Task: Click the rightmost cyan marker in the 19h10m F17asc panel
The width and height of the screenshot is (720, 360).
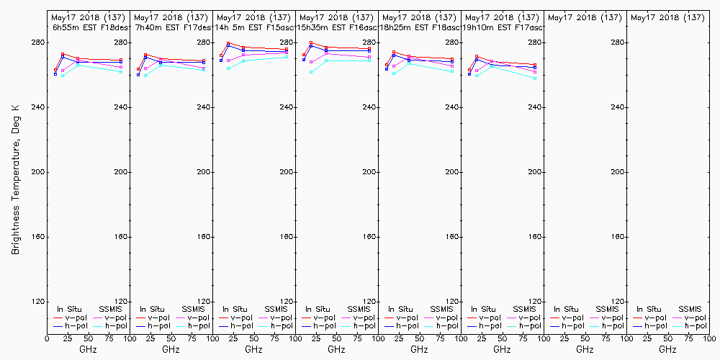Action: click(x=535, y=78)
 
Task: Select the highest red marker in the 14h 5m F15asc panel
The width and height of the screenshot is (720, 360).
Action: click(x=228, y=44)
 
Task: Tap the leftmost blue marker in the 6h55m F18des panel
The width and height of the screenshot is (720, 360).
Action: click(x=55, y=74)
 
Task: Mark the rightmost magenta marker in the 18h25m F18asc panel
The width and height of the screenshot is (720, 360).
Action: click(x=452, y=66)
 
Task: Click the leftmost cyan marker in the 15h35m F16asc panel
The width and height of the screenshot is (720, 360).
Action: click(x=311, y=72)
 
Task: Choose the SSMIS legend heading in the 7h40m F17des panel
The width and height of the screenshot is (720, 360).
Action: click(x=194, y=309)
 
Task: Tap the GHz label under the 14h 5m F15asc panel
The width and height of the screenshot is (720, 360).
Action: click(x=253, y=349)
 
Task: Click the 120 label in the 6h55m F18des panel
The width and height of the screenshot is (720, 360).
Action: click(x=122, y=302)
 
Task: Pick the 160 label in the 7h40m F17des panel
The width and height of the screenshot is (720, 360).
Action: click(x=204, y=237)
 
